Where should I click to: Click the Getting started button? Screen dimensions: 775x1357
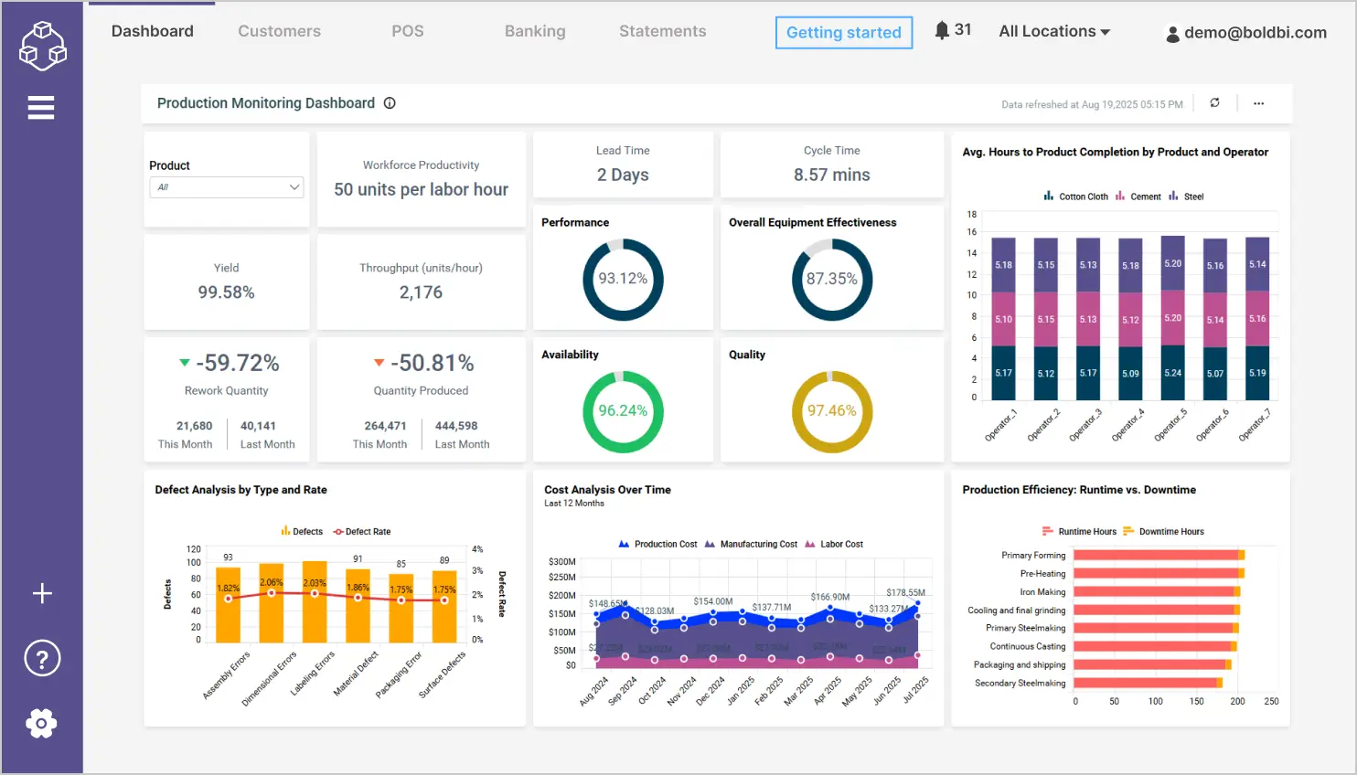point(843,33)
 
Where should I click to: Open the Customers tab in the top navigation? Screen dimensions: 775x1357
point(279,31)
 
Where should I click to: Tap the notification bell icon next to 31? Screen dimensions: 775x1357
point(942,30)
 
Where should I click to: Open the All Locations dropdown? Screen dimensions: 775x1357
point(1054,31)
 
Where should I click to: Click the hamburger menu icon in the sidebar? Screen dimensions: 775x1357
point(41,108)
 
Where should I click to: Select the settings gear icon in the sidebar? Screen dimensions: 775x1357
point(41,723)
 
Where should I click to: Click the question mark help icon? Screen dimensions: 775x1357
point(42,658)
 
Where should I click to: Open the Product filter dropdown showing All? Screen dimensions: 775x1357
point(226,187)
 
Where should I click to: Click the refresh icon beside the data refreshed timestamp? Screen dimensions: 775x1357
point(1214,103)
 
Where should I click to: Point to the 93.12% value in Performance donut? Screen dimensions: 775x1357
point(623,279)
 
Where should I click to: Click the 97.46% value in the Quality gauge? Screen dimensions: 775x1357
point(831,411)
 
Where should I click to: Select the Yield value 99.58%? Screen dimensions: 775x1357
point(226,292)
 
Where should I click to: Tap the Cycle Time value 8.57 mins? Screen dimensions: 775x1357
point(831,175)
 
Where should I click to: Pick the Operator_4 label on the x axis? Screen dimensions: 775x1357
point(1128,426)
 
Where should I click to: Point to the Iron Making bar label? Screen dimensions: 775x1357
point(1042,592)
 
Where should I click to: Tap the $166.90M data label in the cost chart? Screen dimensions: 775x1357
point(829,597)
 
